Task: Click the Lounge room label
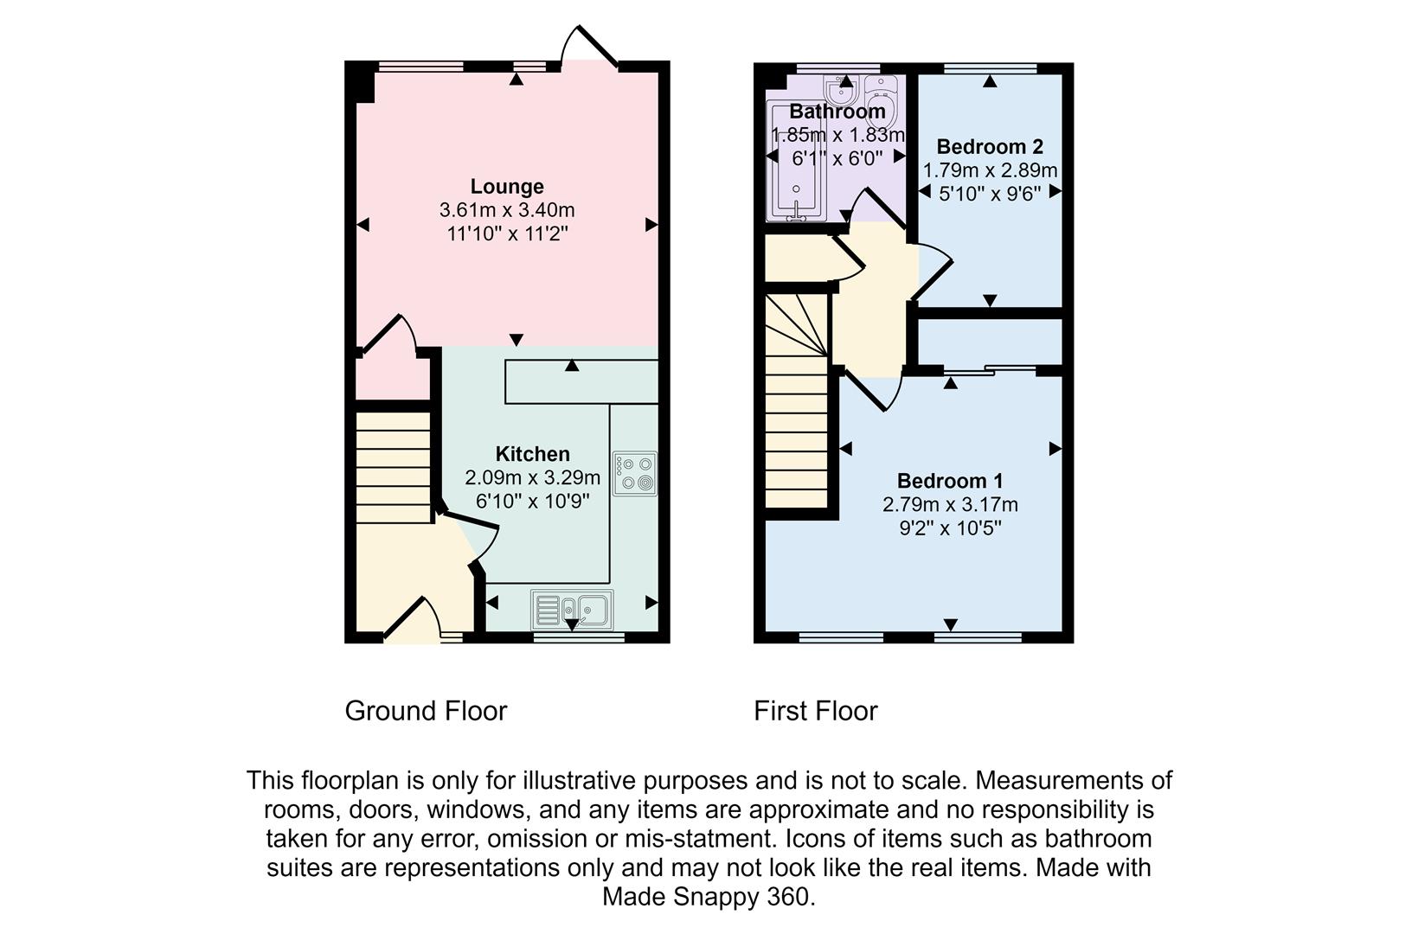point(507,186)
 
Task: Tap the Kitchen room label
point(532,454)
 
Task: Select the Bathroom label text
point(837,112)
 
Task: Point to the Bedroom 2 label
point(990,146)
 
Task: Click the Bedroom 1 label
point(950,481)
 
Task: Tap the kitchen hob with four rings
point(635,473)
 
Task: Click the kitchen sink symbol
point(572,609)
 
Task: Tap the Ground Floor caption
point(426,711)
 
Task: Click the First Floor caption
point(815,711)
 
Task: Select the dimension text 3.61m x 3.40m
point(507,210)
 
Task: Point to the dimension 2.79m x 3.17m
point(950,504)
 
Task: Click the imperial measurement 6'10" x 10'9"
point(532,501)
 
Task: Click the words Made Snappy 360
point(709,897)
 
